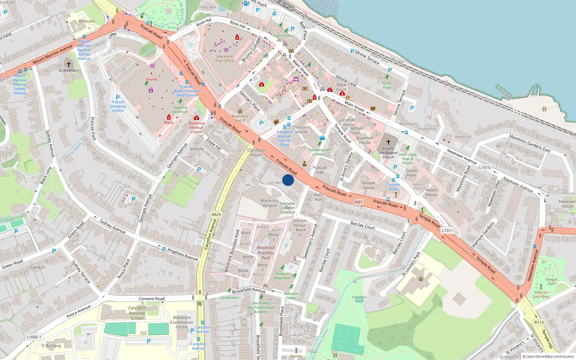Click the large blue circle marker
tap(288, 180)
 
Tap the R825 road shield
tap(216, 215)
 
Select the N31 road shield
tap(359, 202)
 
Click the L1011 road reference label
tap(447, 230)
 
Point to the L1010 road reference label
tap(485, 167)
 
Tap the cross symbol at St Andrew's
tap(68, 64)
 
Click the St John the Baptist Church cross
tap(388, 142)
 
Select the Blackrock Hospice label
tap(270, 203)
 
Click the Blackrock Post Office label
tap(225, 59)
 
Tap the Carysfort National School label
tap(137, 313)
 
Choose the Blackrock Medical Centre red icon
tap(196, 118)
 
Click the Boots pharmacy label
tap(168, 122)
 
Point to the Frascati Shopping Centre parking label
tap(118, 104)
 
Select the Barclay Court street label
tap(363, 226)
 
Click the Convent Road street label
tap(152, 299)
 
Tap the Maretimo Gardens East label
tap(530, 143)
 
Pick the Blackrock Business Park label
tap(266, 253)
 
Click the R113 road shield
tap(539, 322)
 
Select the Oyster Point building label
tap(411, 173)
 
